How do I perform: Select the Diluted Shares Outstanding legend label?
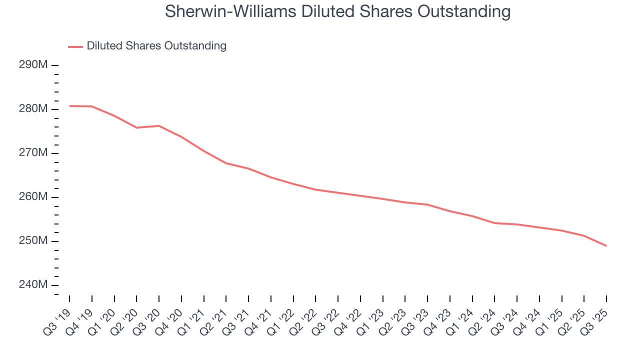[156, 46]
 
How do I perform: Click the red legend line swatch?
[75, 47]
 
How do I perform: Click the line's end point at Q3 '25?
[606, 245]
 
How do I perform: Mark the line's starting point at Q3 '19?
[70, 106]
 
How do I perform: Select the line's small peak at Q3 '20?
[159, 125]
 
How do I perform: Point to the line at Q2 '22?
[315, 189]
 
